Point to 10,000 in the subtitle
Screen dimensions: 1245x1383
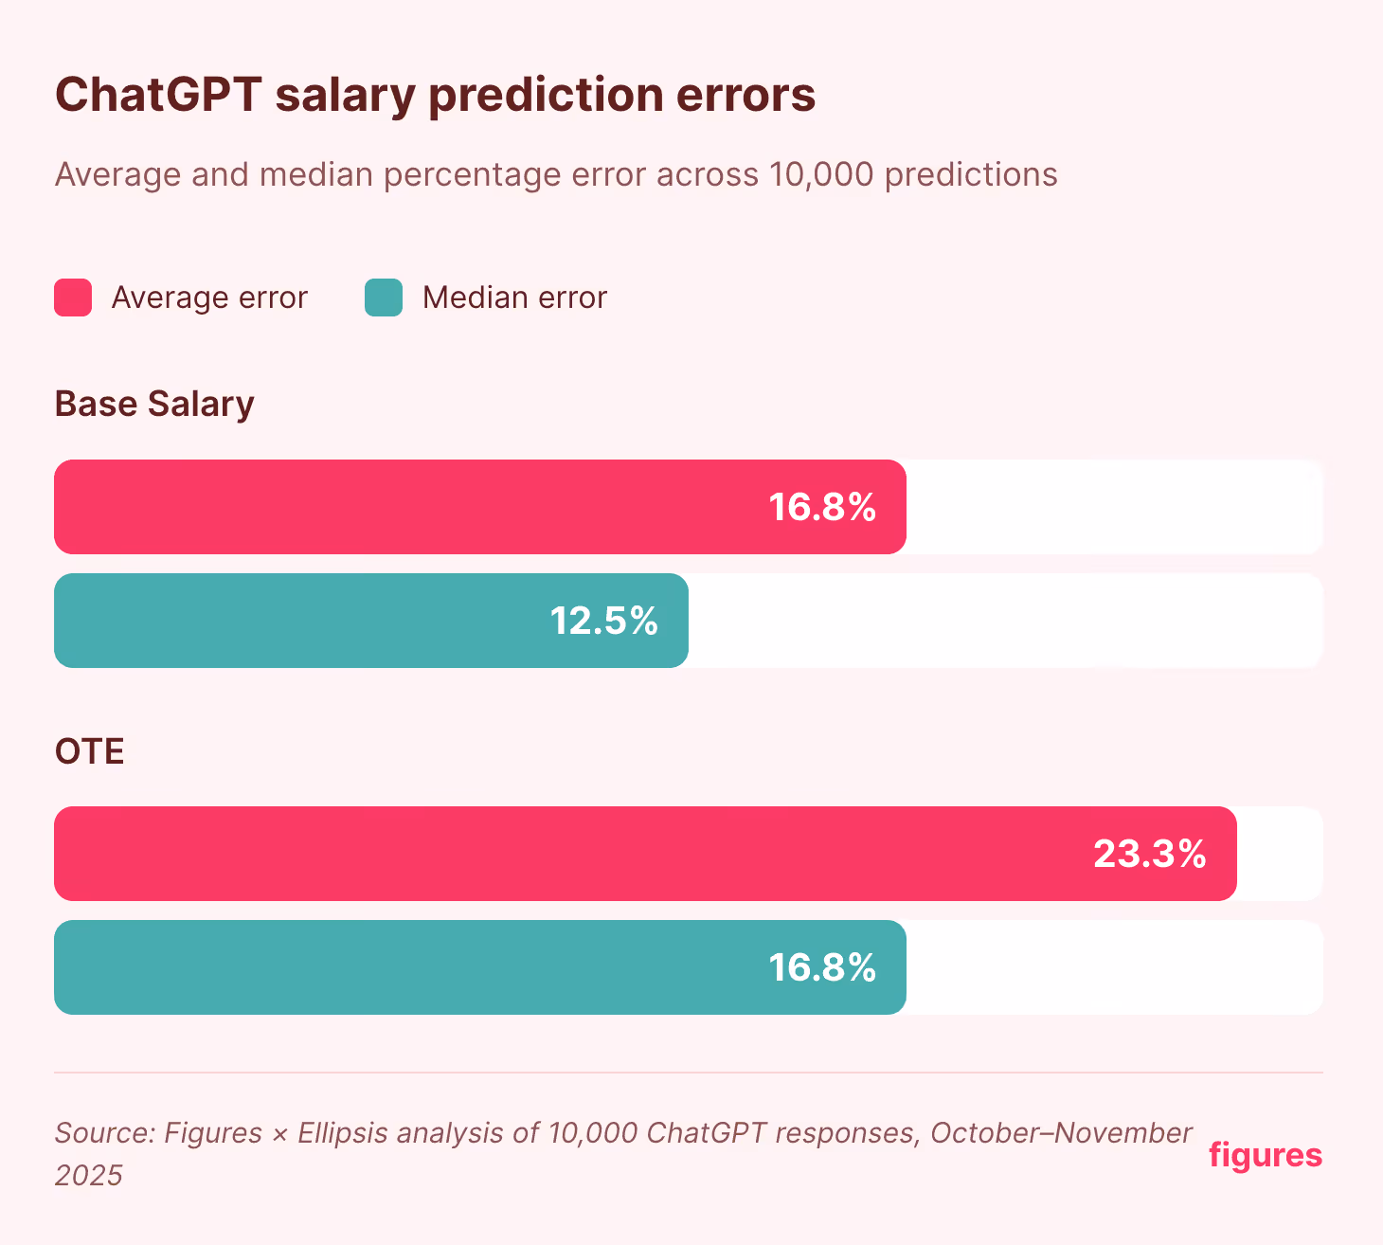tap(821, 174)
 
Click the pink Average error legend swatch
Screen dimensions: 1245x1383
tap(73, 298)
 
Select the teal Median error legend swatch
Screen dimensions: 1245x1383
tap(384, 298)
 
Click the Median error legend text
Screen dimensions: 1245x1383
tap(514, 298)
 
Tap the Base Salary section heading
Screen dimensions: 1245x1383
tap(154, 404)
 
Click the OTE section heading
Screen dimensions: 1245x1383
tap(90, 751)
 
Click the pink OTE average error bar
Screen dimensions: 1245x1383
tap(568, 854)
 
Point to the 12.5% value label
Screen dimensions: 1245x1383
tap(604, 621)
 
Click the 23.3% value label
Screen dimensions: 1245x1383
tap(1150, 854)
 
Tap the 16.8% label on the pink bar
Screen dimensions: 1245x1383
tap(822, 507)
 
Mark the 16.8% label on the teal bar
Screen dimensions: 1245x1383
tap(822, 967)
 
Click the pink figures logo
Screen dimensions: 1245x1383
tap(1266, 1155)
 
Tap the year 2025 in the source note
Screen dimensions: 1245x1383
tap(88, 1176)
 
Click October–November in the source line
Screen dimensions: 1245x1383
tap(1061, 1133)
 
